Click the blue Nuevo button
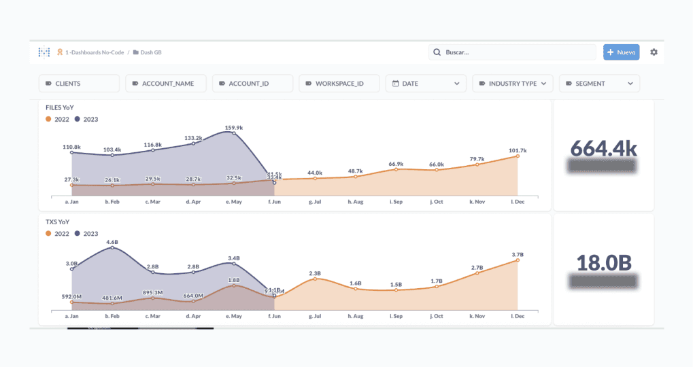[x=621, y=52]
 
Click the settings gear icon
[x=654, y=52]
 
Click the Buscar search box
[x=512, y=52]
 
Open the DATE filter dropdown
[x=426, y=84]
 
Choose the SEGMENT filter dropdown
[x=599, y=84]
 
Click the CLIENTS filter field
[x=79, y=84]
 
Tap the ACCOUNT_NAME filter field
[x=166, y=84]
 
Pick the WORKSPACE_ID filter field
[x=339, y=84]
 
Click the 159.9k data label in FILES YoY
[x=234, y=127]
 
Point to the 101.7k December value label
[x=518, y=150]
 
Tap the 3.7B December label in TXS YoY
[x=518, y=254]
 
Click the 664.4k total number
[x=603, y=147]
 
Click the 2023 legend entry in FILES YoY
[x=86, y=120]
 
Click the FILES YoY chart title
[x=60, y=107]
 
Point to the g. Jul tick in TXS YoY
[x=315, y=316]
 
